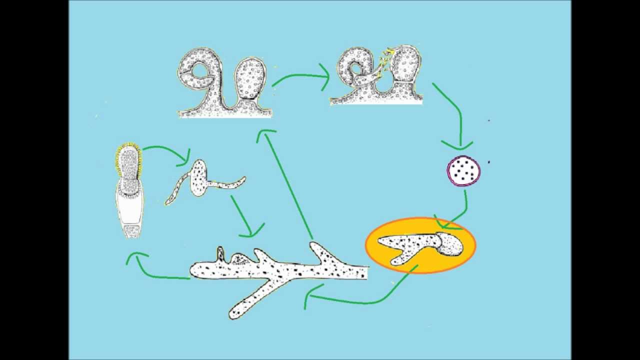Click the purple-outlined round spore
[463, 171]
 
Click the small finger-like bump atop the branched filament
[220, 253]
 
